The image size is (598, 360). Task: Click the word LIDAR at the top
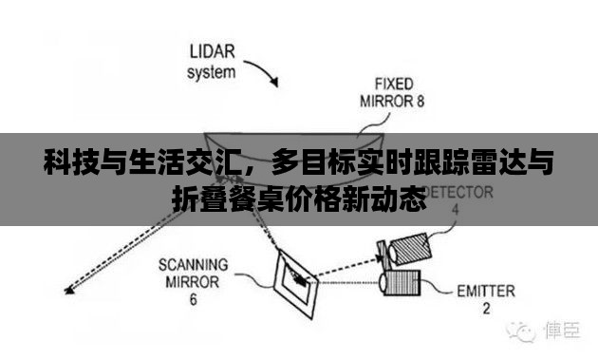[215, 50]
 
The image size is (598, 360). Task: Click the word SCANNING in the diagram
[192, 263]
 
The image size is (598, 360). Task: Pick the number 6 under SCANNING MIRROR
[193, 300]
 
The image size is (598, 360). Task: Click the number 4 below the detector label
[456, 208]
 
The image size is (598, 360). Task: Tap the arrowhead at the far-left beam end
[63, 291]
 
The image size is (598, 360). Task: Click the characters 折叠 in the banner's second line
[195, 199]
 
